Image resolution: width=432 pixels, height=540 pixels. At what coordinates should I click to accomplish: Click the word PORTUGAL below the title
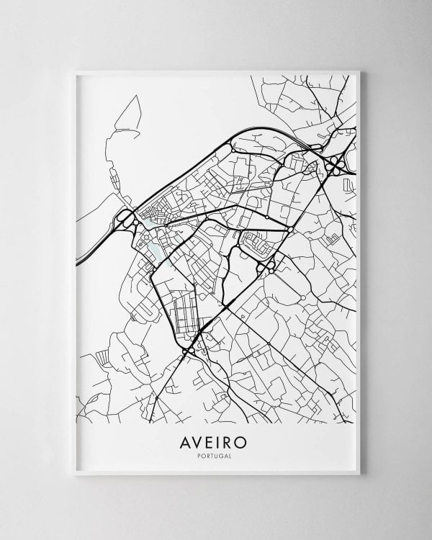[x=217, y=454]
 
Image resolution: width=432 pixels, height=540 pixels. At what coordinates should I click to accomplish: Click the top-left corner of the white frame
[x=74, y=71]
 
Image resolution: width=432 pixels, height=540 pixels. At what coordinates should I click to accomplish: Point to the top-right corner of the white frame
[x=359, y=71]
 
